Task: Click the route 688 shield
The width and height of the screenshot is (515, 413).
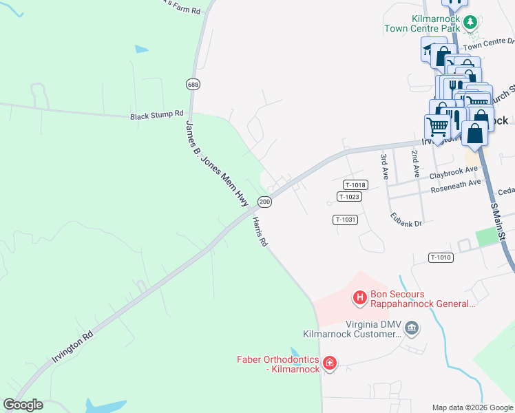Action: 193,84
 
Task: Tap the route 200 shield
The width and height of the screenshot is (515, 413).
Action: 264,202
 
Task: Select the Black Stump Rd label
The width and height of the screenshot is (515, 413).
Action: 157,115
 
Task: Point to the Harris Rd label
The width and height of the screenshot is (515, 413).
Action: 260,233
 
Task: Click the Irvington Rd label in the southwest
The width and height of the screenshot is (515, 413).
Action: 72,350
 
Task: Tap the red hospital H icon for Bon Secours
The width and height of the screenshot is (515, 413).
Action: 359,297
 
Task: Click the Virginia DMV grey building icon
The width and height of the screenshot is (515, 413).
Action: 412,327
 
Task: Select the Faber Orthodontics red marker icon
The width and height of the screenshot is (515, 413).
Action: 329,363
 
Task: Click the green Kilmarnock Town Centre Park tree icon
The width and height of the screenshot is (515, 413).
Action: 470,22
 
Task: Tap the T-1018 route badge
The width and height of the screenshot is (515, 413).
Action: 355,184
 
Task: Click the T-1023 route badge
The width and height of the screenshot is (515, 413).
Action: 349,197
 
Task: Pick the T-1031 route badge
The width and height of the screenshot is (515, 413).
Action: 345,220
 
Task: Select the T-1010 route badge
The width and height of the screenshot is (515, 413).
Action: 441,257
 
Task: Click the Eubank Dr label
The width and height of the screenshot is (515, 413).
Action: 406,218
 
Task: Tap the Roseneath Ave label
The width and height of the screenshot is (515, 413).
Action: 455,184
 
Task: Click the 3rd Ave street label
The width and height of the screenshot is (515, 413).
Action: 385,167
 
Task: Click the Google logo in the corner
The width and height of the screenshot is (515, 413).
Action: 23,405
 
